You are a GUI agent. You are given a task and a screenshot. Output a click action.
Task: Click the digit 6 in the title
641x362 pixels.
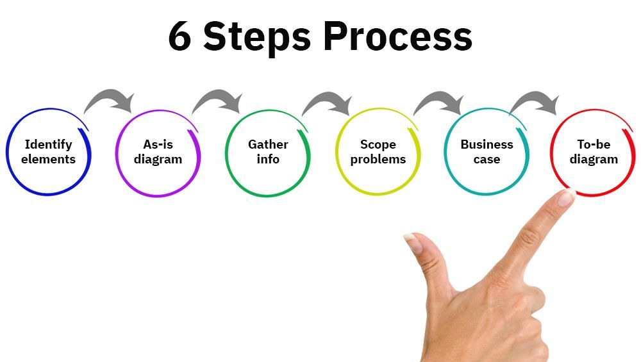tap(179, 36)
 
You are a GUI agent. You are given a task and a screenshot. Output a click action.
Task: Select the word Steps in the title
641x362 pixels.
tap(257, 37)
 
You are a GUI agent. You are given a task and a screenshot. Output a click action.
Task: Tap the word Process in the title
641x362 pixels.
tap(398, 36)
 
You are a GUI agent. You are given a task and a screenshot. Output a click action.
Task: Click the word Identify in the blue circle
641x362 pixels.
tap(48, 145)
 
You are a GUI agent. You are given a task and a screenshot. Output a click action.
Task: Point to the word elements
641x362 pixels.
tap(48, 159)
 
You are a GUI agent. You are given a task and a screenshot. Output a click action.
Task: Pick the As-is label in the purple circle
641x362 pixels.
tap(158, 144)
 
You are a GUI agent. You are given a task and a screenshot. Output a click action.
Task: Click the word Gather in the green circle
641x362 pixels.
tap(268, 144)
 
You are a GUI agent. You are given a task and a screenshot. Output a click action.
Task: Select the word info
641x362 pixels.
tap(268, 159)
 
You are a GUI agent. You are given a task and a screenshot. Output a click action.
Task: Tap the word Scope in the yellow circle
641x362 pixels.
tap(378, 145)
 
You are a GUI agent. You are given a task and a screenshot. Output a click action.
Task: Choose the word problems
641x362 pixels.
tap(378, 160)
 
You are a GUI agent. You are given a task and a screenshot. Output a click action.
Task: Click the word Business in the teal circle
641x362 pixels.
tap(487, 144)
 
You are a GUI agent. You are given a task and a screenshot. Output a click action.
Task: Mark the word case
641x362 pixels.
tap(487, 160)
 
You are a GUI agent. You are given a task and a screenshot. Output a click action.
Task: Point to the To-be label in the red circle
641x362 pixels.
tap(594, 144)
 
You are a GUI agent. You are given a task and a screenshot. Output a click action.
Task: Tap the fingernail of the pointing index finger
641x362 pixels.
tap(566, 198)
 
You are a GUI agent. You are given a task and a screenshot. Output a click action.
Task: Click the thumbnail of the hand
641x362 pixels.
tap(413, 243)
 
